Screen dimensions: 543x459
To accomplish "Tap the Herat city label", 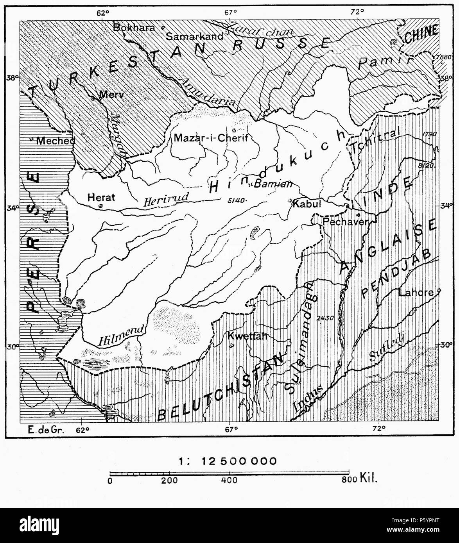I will [101, 197].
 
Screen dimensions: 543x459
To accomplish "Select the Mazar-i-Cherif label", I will [212, 138].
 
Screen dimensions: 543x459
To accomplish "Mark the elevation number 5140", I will [235, 200].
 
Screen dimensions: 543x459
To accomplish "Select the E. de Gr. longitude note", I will [43, 430].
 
